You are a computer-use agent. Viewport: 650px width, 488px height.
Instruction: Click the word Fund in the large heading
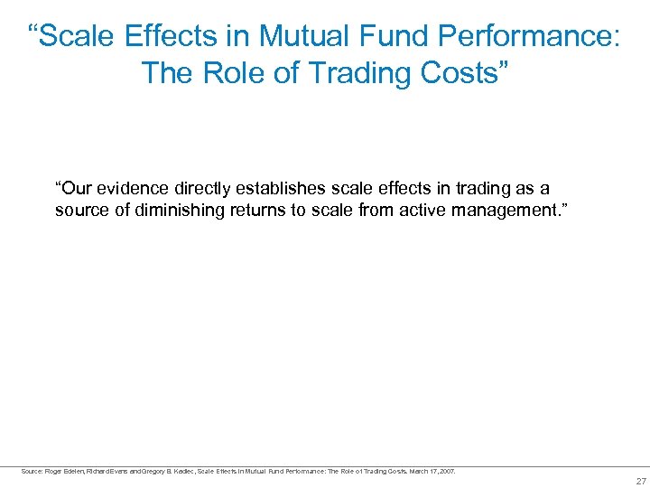click(x=391, y=36)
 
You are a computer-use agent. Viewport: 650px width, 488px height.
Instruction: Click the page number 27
click(x=641, y=481)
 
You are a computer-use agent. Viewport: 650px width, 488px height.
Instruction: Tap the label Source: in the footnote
click(x=32, y=471)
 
